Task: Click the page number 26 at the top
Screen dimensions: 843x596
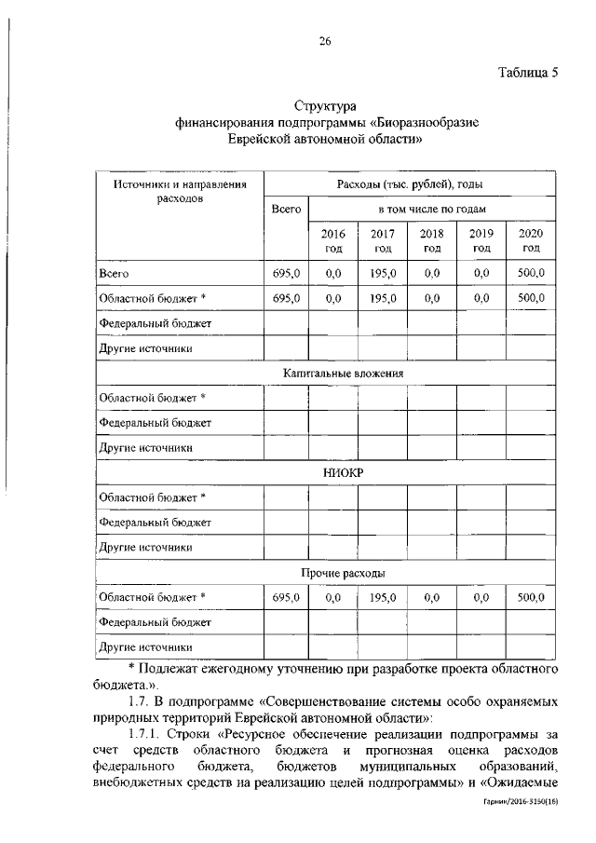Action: pos(324,40)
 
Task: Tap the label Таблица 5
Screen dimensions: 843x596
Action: pos(526,75)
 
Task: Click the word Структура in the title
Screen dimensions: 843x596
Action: pos(325,109)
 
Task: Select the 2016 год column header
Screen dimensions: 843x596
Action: pos(333,240)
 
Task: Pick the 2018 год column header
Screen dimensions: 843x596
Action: pos(432,240)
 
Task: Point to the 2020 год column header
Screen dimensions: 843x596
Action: pos(531,240)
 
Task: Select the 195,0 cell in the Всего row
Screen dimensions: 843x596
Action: pos(383,274)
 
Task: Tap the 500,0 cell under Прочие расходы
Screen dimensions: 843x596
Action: pos(531,596)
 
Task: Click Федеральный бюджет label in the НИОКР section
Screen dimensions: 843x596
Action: pos(156,523)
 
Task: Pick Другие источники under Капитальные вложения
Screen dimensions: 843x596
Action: pos(146,447)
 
